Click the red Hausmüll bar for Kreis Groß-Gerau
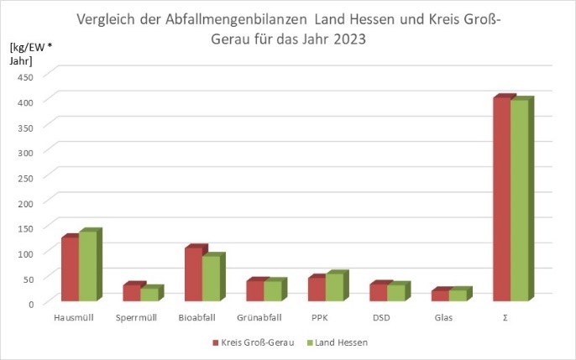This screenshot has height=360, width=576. coord(70,269)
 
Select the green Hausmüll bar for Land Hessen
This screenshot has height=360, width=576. coord(88,265)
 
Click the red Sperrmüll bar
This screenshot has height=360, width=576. coord(132,292)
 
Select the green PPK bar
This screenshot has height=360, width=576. coord(334,287)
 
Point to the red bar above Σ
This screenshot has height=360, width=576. coord(501,199)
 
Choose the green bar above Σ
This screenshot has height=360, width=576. coord(520,201)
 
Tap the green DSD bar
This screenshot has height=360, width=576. coord(395,292)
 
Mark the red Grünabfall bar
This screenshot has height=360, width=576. coord(254,290)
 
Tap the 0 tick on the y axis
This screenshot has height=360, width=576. coord(29,304)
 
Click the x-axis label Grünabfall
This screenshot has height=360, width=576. coord(260,319)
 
